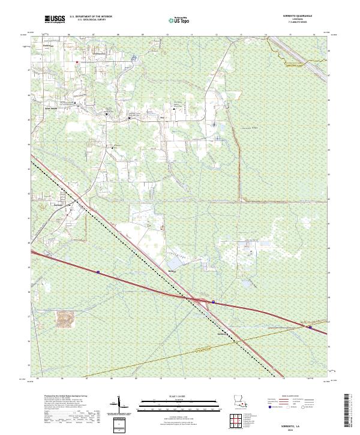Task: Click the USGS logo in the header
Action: point(55,19)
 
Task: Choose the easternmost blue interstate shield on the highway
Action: point(310,327)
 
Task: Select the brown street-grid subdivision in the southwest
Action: point(64,320)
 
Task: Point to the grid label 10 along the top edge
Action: point(167,35)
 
